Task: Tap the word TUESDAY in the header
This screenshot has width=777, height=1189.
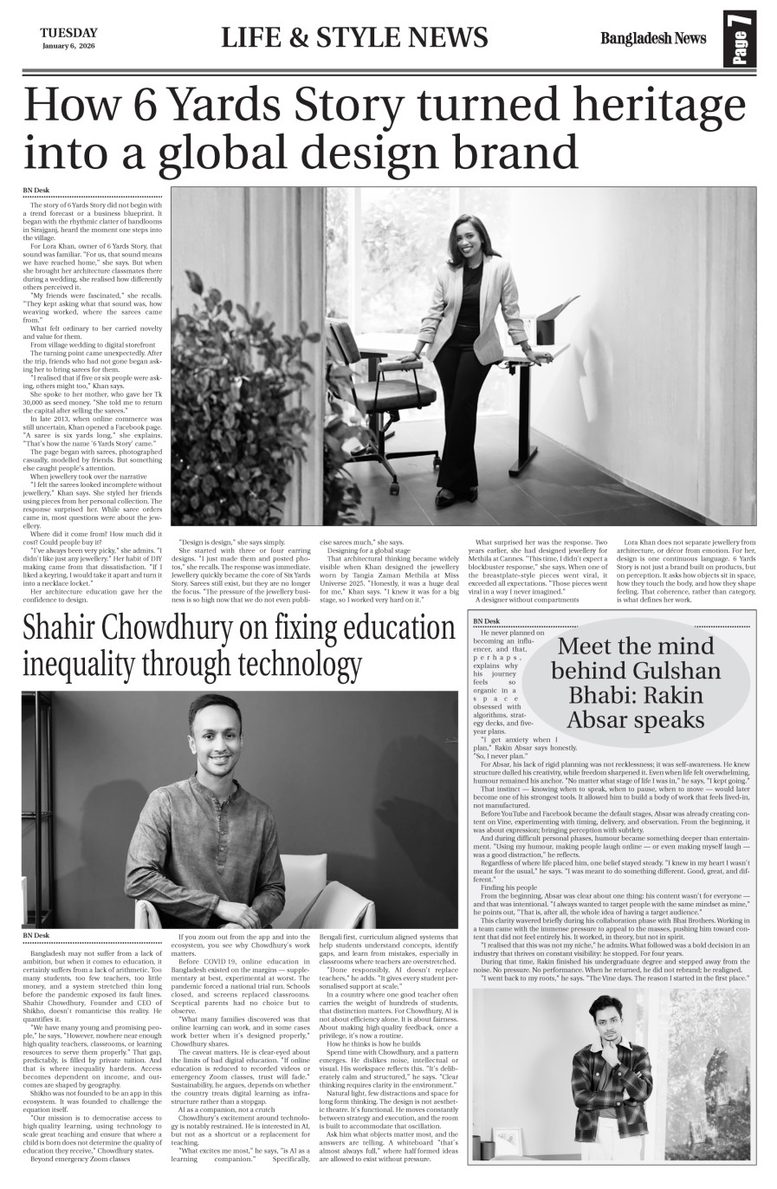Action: click(x=68, y=33)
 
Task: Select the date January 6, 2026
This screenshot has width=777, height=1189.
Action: click(x=68, y=46)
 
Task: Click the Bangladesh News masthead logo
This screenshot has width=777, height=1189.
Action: click(x=653, y=38)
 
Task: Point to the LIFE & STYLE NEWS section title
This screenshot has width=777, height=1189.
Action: click(x=354, y=38)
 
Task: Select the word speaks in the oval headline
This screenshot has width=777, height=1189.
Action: click(x=663, y=719)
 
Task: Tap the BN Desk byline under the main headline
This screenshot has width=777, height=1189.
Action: click(x=36, y=191)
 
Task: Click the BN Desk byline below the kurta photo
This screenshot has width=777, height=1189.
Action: click(x=36, y=936)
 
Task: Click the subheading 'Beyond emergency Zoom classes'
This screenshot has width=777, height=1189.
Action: click(x=80, y=1158)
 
